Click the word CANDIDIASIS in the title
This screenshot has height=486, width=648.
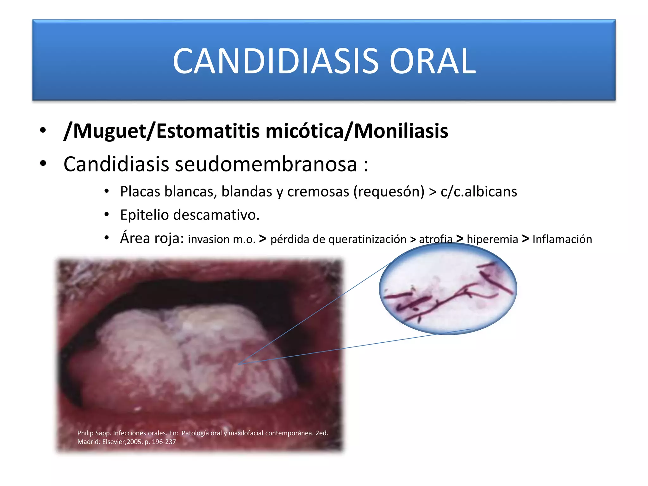pos(275,61)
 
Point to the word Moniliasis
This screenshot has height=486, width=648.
pos(401,131)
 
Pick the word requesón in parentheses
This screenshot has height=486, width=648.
pos(389,192)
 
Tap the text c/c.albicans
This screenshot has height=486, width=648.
pos(479,192)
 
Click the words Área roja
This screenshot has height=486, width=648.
pos(152,238)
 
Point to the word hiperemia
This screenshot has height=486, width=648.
pos(492,239)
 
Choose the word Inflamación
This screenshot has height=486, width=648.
pos(562,239)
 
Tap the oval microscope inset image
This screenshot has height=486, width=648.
pos(448,289)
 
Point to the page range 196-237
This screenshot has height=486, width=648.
pos(164,442)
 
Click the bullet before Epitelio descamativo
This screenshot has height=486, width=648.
pos(107,215)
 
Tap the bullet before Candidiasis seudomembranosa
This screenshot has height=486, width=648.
pos(43,164)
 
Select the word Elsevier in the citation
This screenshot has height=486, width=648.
pos(114,442)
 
